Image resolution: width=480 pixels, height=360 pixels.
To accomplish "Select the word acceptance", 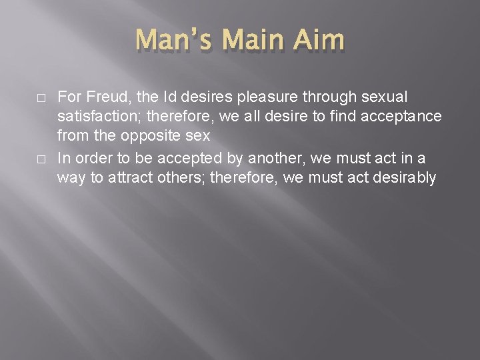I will tap(403, 117).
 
